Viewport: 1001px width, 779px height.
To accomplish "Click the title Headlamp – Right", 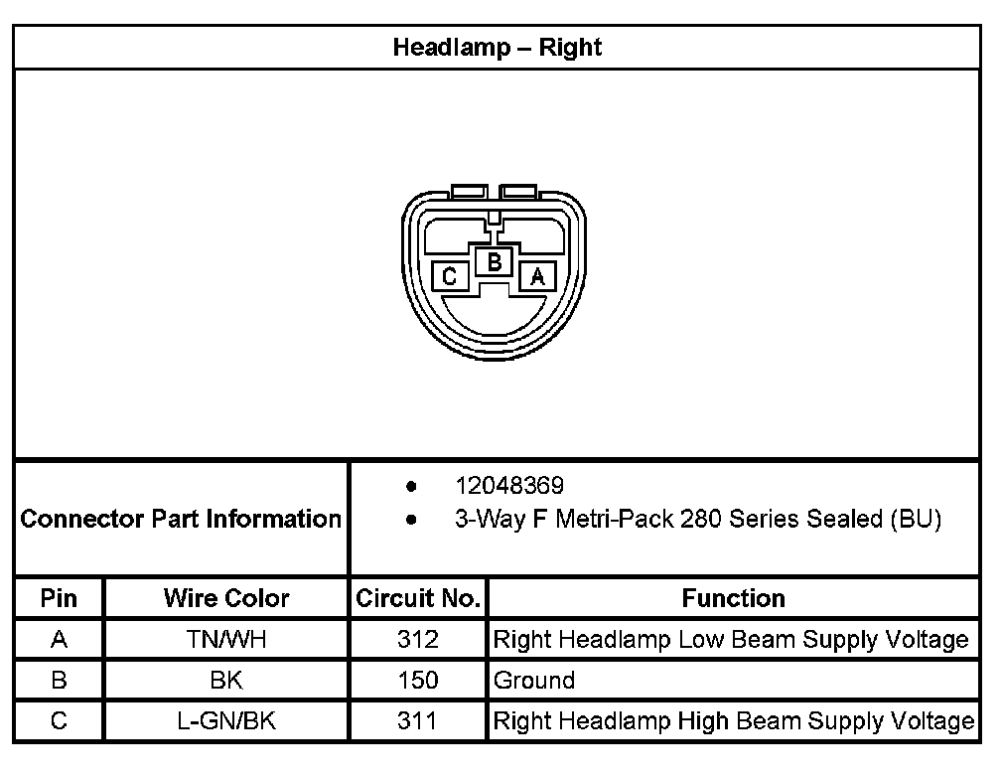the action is [498, 47].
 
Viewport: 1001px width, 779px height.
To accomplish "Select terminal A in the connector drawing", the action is [537, 276].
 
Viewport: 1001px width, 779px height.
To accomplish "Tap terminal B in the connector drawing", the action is [494, 262].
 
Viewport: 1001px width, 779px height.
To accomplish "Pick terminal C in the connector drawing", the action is [450, 276].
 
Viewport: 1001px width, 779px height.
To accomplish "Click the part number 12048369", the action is [509, 486].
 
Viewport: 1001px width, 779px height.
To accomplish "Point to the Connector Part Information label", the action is [181, 519].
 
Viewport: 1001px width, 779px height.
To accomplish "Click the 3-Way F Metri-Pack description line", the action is [697, 519].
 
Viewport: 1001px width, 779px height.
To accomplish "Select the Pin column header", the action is [59, 598].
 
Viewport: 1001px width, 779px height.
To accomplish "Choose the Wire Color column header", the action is [226, 598].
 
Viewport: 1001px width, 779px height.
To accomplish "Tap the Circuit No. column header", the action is [418, 598].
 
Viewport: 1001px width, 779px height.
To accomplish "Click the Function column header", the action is [733, 598].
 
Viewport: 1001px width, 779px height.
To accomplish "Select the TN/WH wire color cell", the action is [226, 640].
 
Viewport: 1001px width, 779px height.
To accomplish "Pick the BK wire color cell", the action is [226, 681].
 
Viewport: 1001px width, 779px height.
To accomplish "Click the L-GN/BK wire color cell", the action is [226, 721].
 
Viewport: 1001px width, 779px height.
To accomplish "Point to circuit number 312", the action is [417, 640].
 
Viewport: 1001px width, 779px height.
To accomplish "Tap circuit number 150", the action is [417, 681].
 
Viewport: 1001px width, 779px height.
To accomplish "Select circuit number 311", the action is [417, 721].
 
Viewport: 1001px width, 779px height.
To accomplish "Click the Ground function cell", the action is [534, 681].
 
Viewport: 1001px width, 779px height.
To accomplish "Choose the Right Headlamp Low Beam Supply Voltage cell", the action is [731, 640].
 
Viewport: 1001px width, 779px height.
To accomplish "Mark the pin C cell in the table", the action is [59, 721].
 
